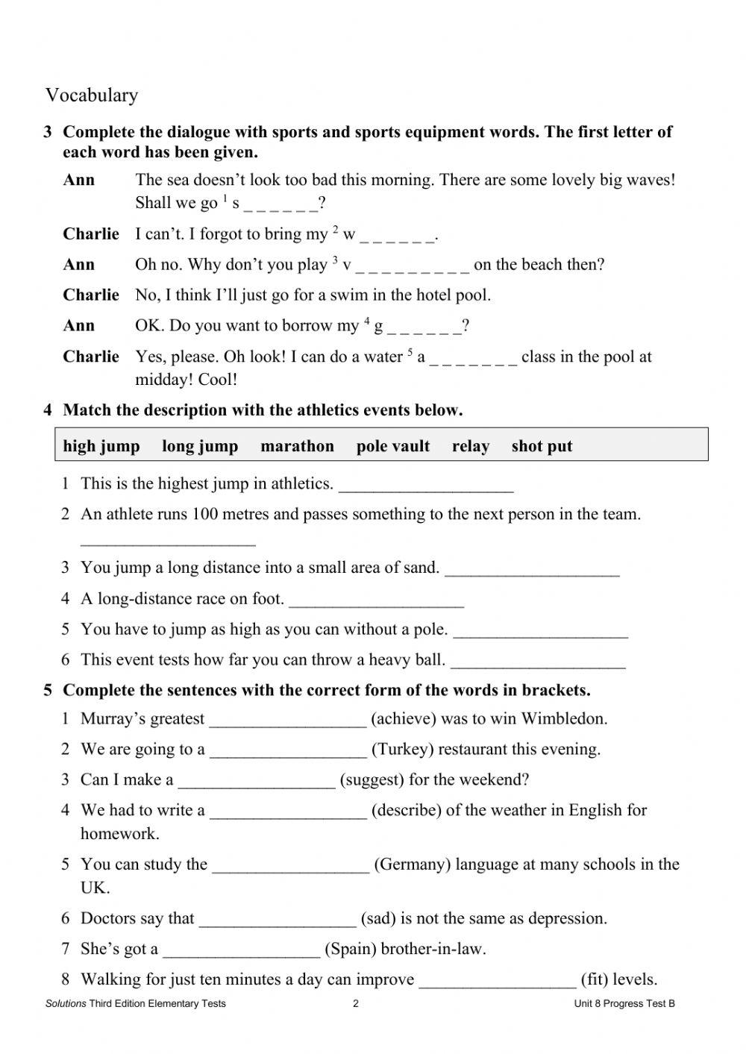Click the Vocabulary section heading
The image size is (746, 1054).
coord(92,95)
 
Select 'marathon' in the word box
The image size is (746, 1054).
coord(297,446)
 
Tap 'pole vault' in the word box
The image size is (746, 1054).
coord(393,446)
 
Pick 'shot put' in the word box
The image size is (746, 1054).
coord(542,446)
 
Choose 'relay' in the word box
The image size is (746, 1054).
coord(471,446)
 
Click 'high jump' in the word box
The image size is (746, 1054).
coord(101,446)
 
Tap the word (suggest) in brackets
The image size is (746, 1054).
coord(372,780)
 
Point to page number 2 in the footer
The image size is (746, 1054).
coord(356,1003)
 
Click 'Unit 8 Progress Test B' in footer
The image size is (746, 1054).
coord(624,1003)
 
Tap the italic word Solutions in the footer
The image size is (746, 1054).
coord(66,1003)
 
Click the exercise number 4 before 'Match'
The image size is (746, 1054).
coord(48,410)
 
